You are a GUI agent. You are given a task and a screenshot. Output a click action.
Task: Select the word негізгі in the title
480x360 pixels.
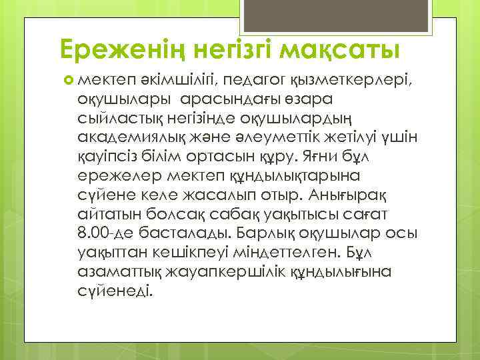click(x=231, y=49)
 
